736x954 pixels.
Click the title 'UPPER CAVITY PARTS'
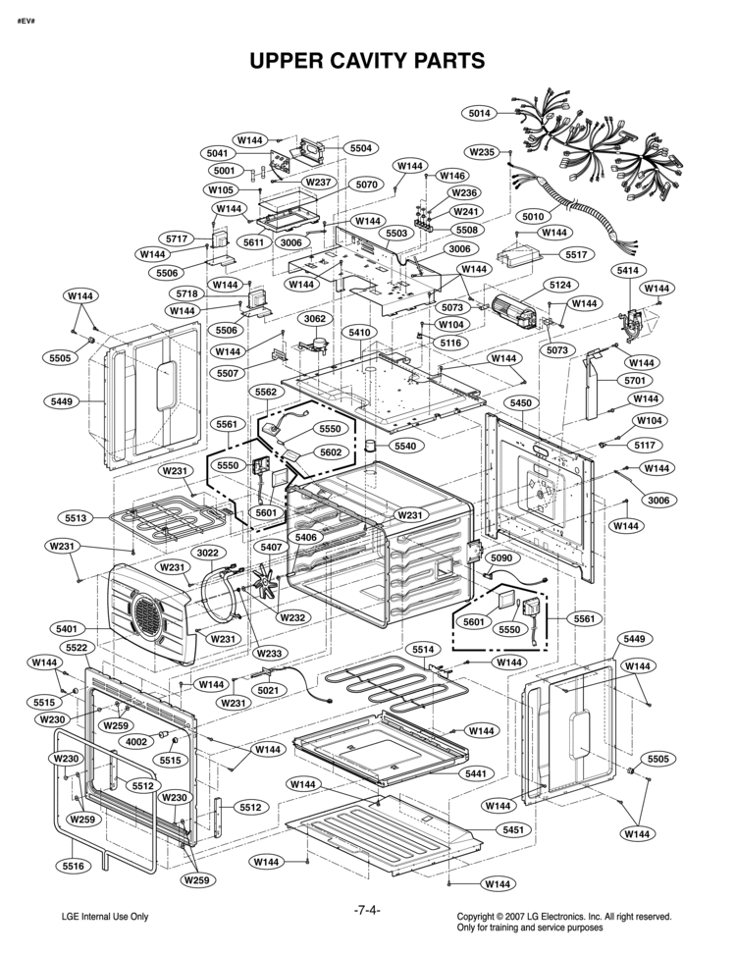[x=367, y=61]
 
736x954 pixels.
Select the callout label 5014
[x=479, y=114]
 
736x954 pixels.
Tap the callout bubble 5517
[x=576, y=254]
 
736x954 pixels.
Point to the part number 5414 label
[x=627, y=269]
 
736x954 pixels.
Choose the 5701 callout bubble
[x=635, y=380]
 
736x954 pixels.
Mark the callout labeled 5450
[x=521, y=403]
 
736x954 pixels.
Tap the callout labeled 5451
[x=511, y=830]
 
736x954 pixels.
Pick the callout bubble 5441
[x=476, y=773]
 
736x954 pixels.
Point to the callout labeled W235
[x=481, y=152]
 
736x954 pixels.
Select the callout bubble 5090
[x=500, y=557]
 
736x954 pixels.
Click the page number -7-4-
[x=367, y=910]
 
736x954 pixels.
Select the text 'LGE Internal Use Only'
[x=105, y=917]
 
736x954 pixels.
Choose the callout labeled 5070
[x=367, y=185]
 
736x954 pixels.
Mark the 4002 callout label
[x=135, y=742]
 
